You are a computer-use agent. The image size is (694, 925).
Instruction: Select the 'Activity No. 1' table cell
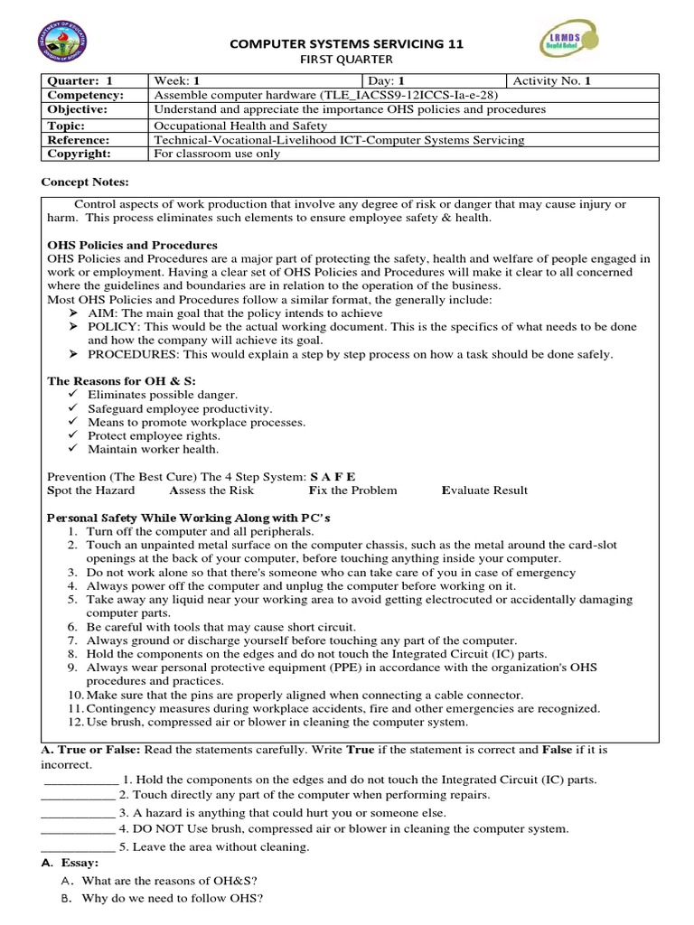click(x=552, y=80)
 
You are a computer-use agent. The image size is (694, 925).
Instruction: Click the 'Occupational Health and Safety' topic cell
click(x=241, y=126)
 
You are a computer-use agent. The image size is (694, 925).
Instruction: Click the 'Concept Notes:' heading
click(x=85, y=182)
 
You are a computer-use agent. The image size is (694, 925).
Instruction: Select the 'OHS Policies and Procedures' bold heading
click(x=132, y=246)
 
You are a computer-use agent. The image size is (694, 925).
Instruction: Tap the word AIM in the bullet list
click(x=101, y=313)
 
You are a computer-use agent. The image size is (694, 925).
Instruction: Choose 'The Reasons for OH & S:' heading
click(x=121, y=381)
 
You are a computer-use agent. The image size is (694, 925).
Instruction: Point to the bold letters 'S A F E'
click(x=333, y=476)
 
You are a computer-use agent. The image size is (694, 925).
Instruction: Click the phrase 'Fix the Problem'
click(x=352, y=491)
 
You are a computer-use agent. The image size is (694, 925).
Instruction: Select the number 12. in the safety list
click(x=74, y=722)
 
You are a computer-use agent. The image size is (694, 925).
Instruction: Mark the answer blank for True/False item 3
click(x=78, y=812)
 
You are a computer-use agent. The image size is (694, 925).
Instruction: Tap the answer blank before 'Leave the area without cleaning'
click(x=78, y=846)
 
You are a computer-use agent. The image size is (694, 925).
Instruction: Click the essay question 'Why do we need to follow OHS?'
click(x=172, y=899)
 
